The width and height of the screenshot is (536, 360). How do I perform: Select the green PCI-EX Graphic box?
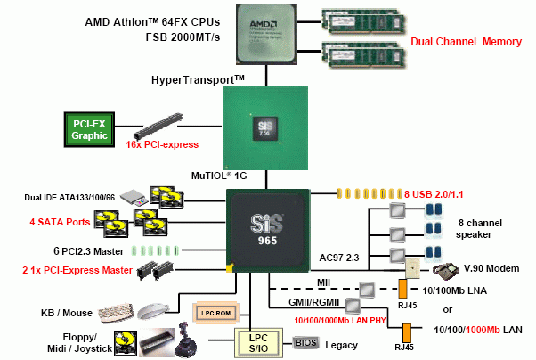[91, 129]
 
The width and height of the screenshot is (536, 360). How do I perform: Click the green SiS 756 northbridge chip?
[266, 129]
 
